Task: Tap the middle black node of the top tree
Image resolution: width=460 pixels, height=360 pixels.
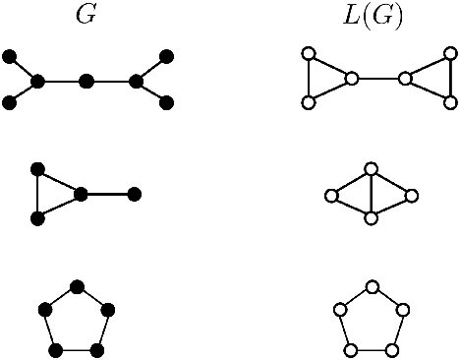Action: pos(86,81)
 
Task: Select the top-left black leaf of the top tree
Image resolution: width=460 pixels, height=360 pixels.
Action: pos(9,58)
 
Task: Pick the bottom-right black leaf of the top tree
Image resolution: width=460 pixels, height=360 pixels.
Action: pos(166,102)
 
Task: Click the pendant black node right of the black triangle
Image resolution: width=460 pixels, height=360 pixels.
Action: pos(135,194)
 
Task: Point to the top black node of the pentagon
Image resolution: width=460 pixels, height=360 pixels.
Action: pos(77,286)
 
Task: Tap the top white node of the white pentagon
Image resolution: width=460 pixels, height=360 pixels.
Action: pos(372,286)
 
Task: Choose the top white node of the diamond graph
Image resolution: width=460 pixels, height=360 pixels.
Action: pos(371,170)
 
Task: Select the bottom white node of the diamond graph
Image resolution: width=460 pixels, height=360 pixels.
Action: pos(371,218)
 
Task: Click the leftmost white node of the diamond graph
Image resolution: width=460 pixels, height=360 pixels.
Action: pos(331,196)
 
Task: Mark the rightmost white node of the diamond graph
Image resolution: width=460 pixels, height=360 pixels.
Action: pos(412,196)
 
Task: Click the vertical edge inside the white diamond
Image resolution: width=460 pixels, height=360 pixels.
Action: pos(371,195)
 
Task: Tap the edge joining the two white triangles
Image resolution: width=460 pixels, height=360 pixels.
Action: pos(378,79)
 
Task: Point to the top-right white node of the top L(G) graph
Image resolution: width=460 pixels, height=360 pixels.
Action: pos(450,56)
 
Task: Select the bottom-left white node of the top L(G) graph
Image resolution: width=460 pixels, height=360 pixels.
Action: pos(309,102)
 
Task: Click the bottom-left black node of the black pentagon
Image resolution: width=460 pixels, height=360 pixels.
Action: pos(56,349)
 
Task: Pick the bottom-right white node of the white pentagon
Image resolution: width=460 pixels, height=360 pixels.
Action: pos(392,349)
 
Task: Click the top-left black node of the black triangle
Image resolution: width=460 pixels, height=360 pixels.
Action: pos(38,170)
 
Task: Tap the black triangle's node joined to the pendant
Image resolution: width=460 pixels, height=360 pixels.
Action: pos(81,194)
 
